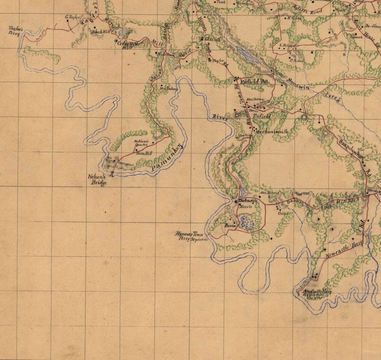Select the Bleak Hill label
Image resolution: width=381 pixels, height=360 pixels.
[x=101, y=31]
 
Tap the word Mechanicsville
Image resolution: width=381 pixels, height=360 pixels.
[x=272, y=132]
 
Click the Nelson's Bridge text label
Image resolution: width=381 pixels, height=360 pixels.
[x=97, y=180]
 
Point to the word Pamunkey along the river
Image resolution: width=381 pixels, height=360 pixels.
[x=167, y=158]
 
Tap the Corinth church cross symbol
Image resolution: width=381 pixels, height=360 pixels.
[x=202, y=39]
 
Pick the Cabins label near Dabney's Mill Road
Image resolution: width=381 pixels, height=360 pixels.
[x=283, y=213]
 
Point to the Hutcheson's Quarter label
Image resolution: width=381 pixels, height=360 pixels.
[x=141, y=143]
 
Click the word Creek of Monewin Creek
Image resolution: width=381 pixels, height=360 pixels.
[x=333, y=97]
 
